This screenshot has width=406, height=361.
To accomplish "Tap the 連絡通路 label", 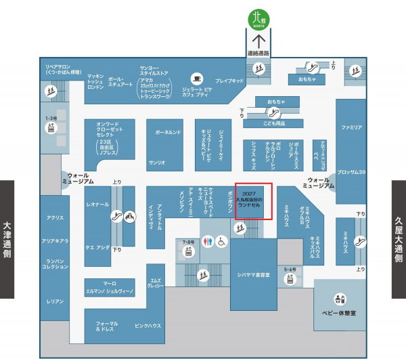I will pyautogui.click(x=258, y=53).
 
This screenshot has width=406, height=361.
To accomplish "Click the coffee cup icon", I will pyautogui.click(x=196, y=78).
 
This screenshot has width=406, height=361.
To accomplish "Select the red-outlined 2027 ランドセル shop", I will pyautogui.click(x=254, y=201).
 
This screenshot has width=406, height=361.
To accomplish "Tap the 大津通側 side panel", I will pyautogui.click(x=7, y=239).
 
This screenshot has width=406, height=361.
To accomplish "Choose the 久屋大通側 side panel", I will pyautogui.click(x=399, y=239).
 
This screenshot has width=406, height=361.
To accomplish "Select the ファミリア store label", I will pyautogui.click(x=352, y=127).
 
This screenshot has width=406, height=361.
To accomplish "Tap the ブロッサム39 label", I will pyautogui.click(x=352, y=172).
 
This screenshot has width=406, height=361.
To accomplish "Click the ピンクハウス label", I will pyautogui.click(x=148, y=325).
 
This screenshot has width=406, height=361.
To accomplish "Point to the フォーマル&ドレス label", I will pyautogui.click(x=106, y=327).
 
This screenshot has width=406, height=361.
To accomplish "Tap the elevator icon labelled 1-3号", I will pyautogui.click(x=50, y=130).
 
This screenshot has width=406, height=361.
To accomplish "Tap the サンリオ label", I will pyautogui.click(x=157, y=163).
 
